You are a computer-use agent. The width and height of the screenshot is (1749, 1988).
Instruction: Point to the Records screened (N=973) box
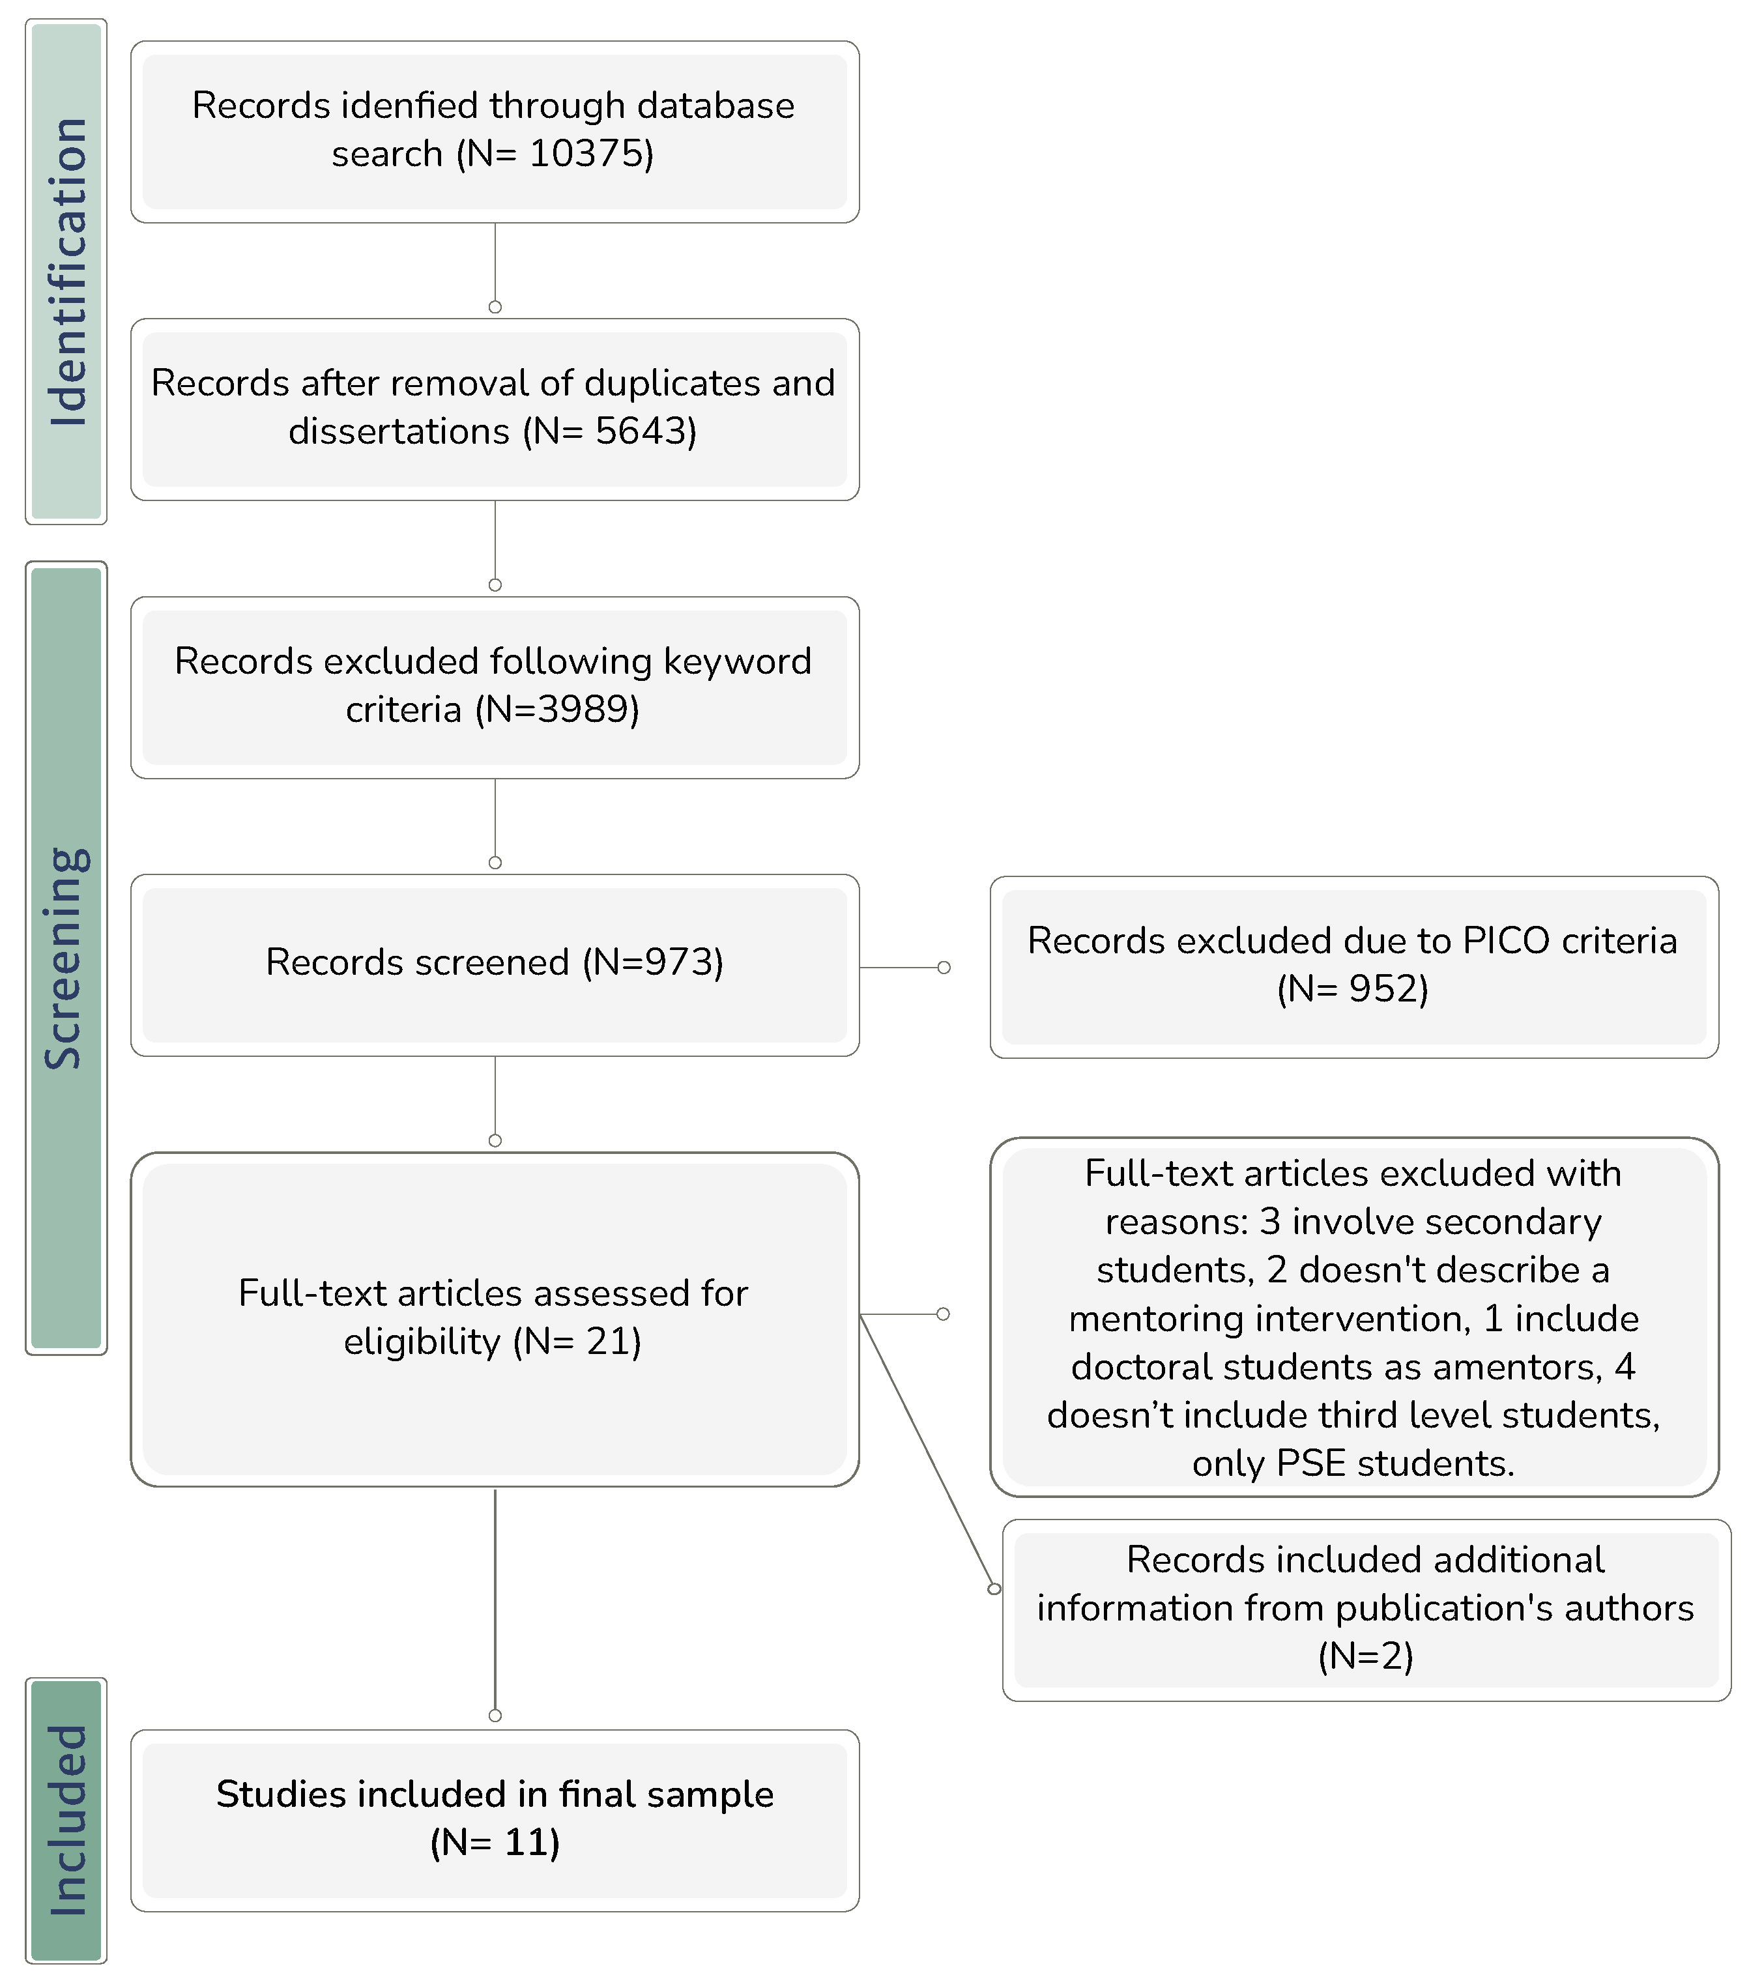point(494,963)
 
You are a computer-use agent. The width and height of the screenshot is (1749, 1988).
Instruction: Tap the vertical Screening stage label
point(66,958)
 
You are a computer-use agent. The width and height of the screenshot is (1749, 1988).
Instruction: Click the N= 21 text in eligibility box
point(578,1341)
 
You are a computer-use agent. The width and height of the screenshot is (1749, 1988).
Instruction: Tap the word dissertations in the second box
point(399,431)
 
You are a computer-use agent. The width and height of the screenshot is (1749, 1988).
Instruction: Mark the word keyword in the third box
point(736,661)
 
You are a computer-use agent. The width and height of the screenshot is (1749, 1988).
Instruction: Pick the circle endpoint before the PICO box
point(944,968)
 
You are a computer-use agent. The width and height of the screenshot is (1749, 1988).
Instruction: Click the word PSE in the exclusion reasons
point(1310,1463)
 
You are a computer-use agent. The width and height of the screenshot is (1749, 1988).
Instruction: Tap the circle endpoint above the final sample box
point(495,1715)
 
